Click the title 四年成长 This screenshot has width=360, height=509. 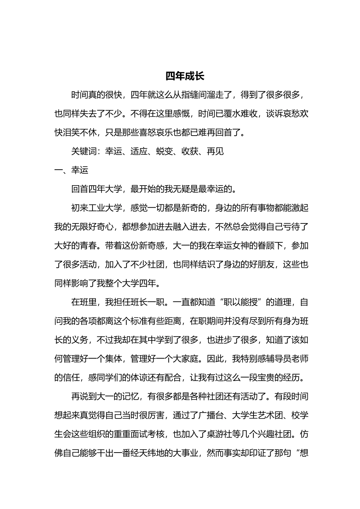(185, 76)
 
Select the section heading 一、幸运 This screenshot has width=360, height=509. (71, 170)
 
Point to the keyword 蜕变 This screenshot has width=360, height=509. (164, 151)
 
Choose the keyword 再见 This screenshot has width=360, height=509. (215, 151)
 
